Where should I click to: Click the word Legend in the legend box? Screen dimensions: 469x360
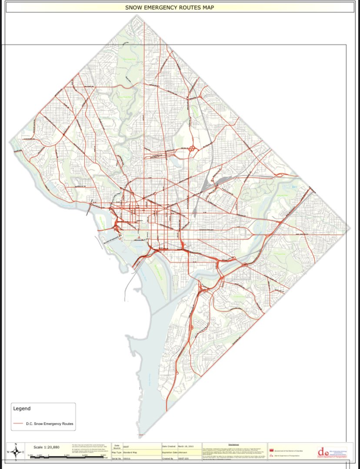22,409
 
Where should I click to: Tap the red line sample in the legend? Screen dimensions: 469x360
18,423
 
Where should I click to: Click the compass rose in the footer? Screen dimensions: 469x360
16,452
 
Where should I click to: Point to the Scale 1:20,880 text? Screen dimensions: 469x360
47,447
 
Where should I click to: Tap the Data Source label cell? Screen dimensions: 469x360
117,447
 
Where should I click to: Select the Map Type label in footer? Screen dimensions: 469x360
117,452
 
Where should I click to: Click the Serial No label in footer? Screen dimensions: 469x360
117,458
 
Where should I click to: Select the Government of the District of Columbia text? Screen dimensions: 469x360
289,450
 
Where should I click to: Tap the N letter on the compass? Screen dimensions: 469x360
16,445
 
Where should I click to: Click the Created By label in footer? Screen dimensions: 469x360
168,458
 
